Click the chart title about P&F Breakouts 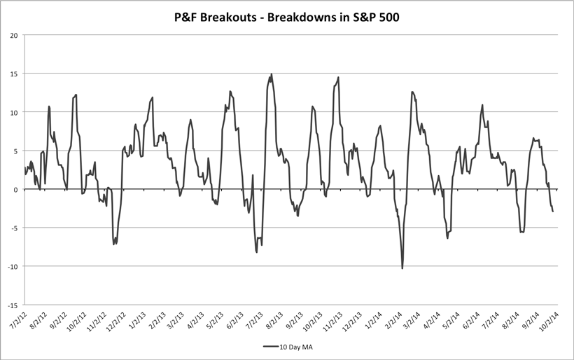click(x=286, y=15)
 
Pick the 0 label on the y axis click(x=17, y=189)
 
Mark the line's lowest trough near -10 click(x=402, y=268)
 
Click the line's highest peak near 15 click(x=272, y=74)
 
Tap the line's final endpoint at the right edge click(x=553, y=211)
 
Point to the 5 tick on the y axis click(x=17, y=151)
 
